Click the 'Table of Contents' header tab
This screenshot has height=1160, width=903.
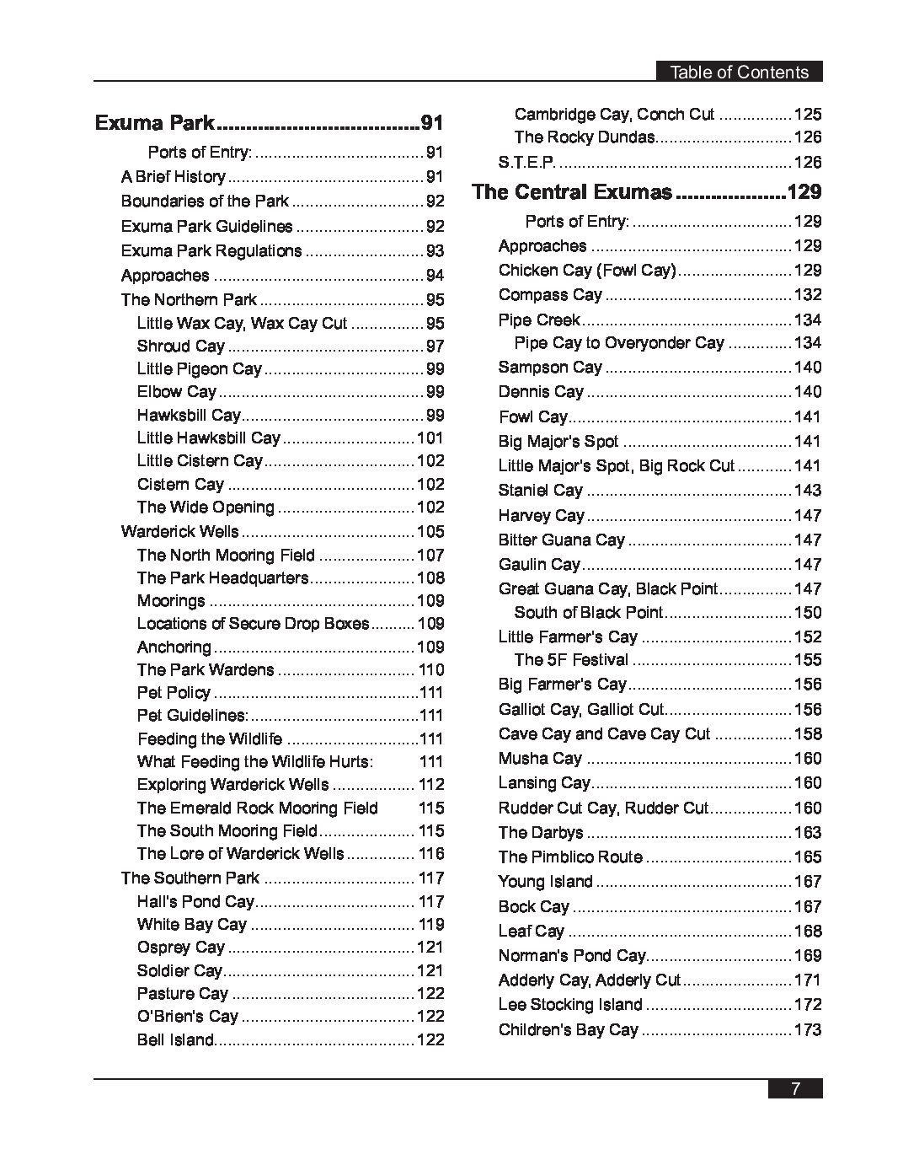739,72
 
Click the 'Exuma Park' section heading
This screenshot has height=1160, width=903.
155,123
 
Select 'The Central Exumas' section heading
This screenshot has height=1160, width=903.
573,192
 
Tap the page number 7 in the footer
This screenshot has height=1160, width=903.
794,1088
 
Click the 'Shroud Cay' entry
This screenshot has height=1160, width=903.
181,346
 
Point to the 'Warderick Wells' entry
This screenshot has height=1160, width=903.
180,532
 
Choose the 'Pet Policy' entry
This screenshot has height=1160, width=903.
174,693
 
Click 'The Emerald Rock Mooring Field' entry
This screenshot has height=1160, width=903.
258,808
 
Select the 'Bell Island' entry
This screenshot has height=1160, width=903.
176,1040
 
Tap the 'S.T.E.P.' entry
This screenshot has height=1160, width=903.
526,163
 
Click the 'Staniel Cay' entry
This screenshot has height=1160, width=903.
541,491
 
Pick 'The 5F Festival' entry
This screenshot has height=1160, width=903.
571,660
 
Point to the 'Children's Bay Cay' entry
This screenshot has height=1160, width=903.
569,1030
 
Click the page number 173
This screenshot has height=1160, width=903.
807,1030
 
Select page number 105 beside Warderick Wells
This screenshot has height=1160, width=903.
430,532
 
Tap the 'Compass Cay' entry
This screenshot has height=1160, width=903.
550,295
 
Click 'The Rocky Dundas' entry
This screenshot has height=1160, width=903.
585,137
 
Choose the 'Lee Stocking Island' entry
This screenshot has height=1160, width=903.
570,1005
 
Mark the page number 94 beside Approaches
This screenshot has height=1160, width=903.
435,276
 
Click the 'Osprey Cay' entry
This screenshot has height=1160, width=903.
181,948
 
